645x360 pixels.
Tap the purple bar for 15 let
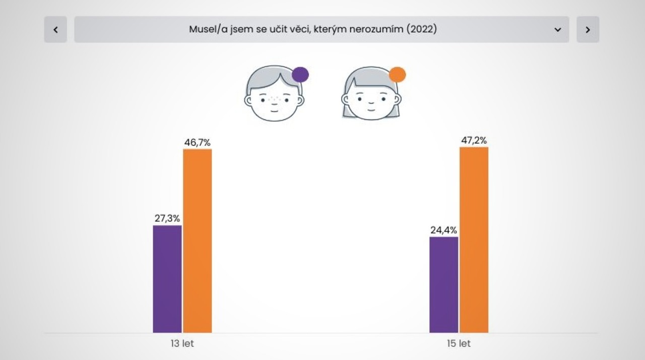[x=443, y=285]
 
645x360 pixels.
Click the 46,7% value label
[x=197, y=143]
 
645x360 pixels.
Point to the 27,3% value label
[x=167, y=219]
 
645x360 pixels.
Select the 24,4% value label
[x=443, y=230]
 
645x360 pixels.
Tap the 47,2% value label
[x=474, y=141]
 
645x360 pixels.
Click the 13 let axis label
[x=182, y=344]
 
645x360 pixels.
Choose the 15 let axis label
[x=459, y=344]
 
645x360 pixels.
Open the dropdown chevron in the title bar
[x=558, y=30]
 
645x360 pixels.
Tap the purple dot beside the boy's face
[x=300, y=75]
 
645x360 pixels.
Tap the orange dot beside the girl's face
[x=398, y=75]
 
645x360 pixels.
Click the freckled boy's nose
[x=274, y=100]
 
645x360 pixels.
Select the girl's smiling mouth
[x=371, y=109]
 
